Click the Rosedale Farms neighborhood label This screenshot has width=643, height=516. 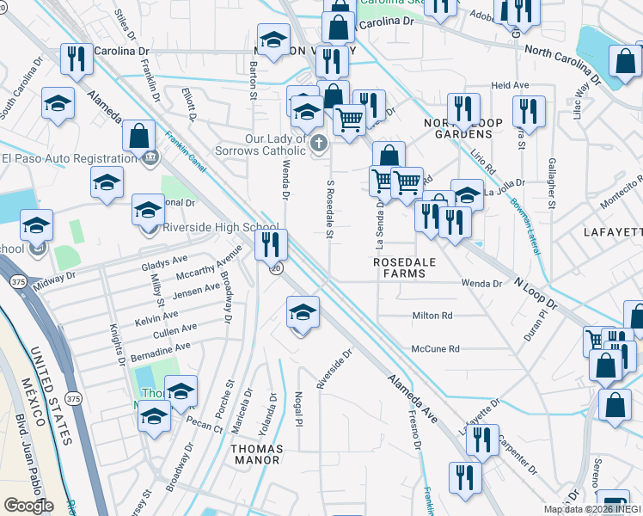(399, 267)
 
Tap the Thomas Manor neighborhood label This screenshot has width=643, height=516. (256, 453)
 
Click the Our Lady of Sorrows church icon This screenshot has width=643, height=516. (319, 143)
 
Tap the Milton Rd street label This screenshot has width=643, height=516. (432, 316)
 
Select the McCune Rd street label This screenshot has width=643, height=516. (436, 349)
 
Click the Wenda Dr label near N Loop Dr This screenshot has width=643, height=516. (481, 283)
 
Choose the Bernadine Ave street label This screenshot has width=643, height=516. (162, 350)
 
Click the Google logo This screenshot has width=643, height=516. (28, 505)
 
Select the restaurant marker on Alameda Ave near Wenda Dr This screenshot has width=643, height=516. (271, 245)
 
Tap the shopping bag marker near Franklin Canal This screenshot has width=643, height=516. (138, 136)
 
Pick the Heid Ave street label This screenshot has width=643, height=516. (510, 86)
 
